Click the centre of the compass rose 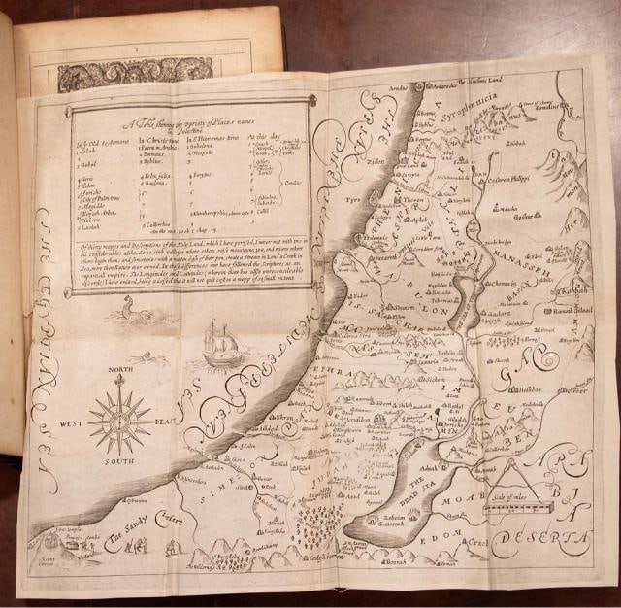pyautogui.click(x=119, y=421)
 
